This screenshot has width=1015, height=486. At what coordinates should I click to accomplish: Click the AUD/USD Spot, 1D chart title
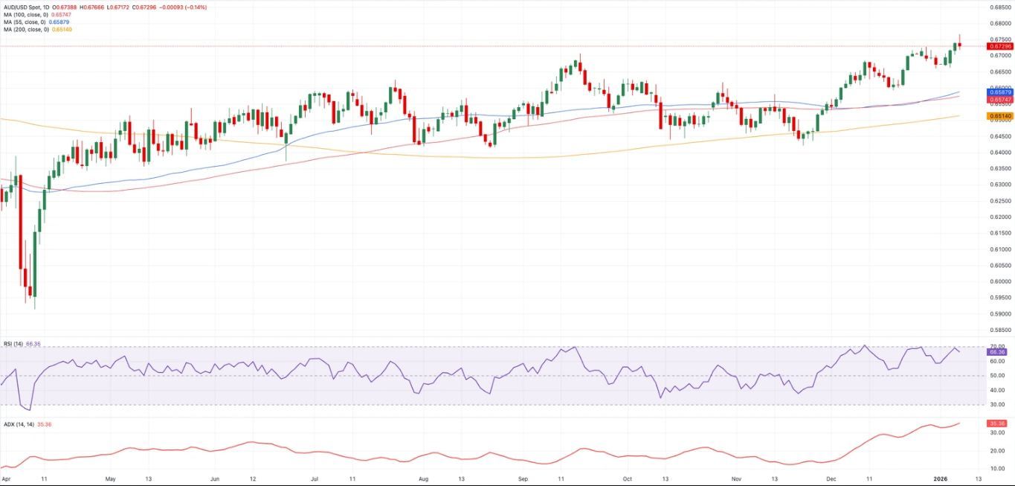[25, 7]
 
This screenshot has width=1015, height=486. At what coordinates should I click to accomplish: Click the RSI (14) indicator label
[13, 344]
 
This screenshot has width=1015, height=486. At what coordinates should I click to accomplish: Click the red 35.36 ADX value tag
[998, 423]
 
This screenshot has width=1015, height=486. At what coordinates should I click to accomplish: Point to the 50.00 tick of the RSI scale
[996, 375]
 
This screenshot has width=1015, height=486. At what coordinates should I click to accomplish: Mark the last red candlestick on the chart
[960, 45]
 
